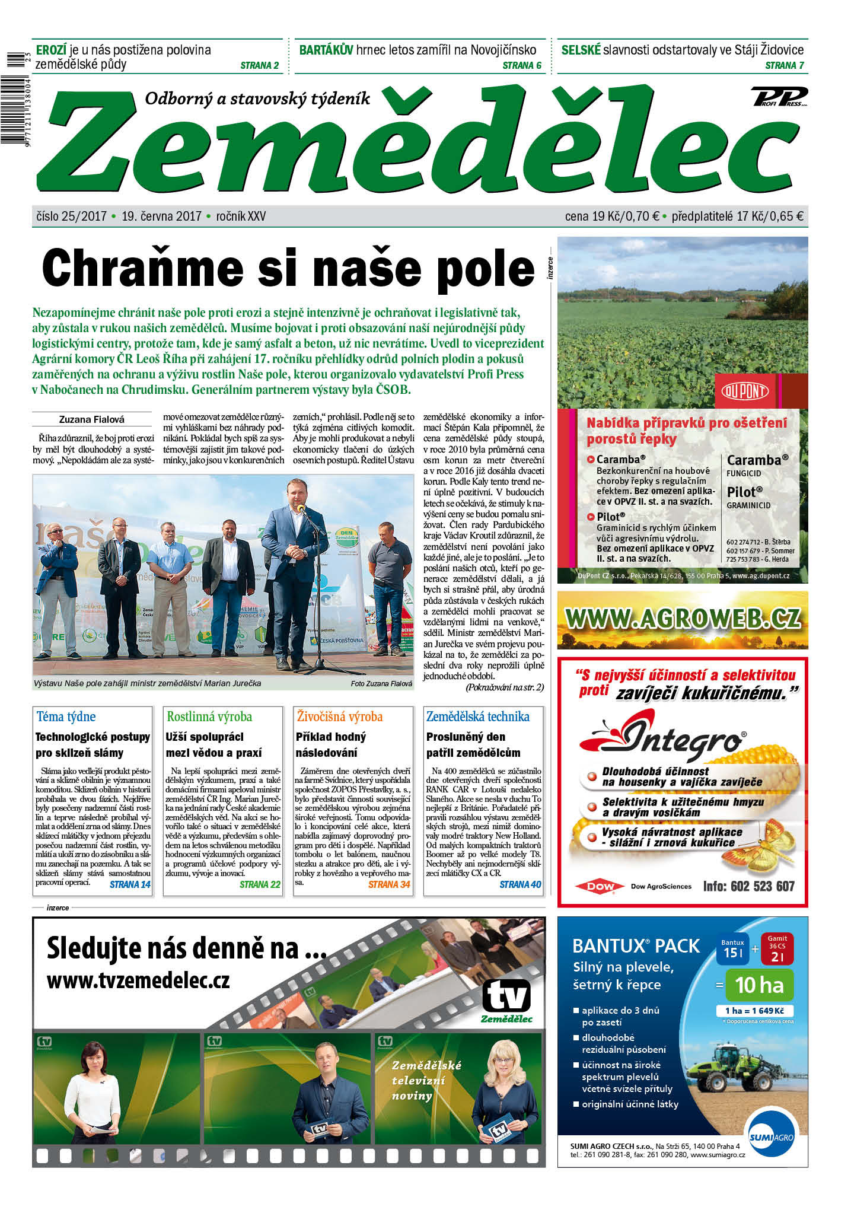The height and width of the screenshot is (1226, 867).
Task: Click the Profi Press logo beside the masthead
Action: click(779, 96)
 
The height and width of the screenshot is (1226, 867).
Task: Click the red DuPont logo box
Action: click(745, 391)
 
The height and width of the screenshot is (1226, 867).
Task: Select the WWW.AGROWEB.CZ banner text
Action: click(683, 619)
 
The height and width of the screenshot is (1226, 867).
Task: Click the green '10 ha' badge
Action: click(758, 985)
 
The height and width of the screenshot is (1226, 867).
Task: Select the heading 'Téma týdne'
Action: click(66, 717)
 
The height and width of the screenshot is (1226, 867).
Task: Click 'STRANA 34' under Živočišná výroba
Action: click(389, 884)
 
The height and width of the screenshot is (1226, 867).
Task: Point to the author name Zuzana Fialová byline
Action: click(92, 419)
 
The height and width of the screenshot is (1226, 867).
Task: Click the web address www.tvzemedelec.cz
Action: click(138, 980)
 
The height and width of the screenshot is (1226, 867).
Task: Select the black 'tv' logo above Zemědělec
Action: click(506, 995)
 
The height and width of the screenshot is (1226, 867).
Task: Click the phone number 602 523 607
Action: click(748, 886)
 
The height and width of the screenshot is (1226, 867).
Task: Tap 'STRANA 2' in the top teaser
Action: click(259, 65)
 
